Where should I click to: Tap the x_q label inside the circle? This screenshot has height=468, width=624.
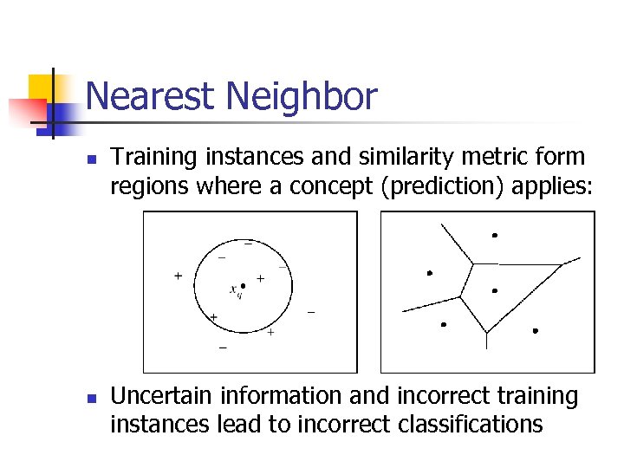pos(236,289)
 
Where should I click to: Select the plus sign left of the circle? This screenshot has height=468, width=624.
pos(178,276)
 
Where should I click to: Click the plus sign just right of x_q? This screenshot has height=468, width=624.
pos(260,279)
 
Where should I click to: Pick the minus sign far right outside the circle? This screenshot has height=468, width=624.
pos(311,311)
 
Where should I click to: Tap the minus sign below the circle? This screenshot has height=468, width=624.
pos(223,348)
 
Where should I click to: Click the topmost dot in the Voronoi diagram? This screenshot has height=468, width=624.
pos(495,235)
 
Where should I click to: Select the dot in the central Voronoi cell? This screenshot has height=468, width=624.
pos(495,290)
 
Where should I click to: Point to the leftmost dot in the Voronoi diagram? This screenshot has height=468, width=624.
pos(429,273)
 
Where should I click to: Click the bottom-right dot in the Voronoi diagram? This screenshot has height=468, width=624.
pos(536,331)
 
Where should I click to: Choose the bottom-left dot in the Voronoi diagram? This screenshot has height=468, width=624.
pos(443,325)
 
